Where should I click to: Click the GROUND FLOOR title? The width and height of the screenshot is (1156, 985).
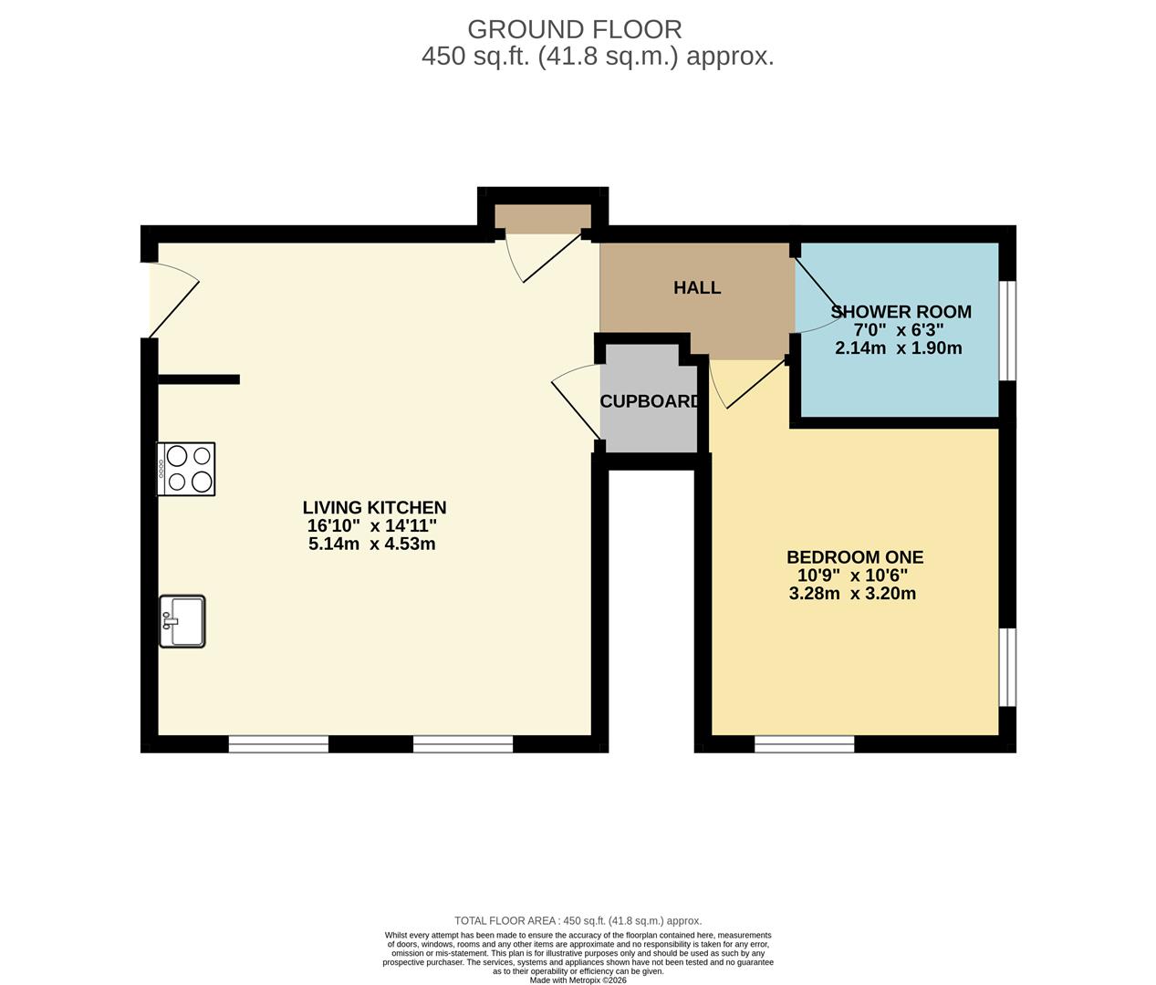click(x=574, y=29)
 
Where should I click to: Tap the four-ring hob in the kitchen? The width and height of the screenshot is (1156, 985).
click(x=187, y=469)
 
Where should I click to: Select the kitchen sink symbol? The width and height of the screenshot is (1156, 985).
click(x=182, y=621)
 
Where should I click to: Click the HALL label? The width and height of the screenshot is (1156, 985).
click(x=697, y=288)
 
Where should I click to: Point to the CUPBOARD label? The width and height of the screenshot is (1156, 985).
click(x=650, y=401)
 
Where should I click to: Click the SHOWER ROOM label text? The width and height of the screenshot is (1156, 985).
click(x=900, y=312)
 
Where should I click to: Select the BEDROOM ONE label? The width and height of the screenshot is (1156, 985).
click(x=855, y=557)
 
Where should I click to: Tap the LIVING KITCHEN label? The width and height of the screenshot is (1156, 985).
click(x=374, y=508)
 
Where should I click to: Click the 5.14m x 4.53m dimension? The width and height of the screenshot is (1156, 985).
click(x=372, y=544)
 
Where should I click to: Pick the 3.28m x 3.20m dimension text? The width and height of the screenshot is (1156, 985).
click(x=852, y=594)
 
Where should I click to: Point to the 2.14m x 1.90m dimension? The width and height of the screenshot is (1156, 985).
click(x=898, y=348)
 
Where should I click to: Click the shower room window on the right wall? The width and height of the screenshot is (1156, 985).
click(x=1007, y=329)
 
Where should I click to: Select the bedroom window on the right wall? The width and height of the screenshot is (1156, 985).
click(x=1007, y=666)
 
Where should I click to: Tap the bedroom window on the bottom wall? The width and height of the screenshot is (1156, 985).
click(x=804, y=744)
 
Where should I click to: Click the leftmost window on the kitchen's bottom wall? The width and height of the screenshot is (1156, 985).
click(x=278, y=744)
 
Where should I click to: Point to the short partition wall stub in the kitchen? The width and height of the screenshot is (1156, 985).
click(x=198, y=379)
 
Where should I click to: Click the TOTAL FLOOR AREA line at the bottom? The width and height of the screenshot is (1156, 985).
click(x=578, y=921)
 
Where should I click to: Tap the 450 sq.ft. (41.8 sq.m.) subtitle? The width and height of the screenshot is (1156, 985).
click(x=598, y=57)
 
